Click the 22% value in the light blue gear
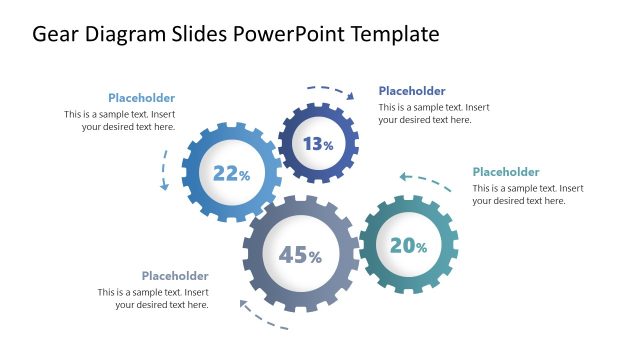point(231,174)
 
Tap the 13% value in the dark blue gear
point(318,144)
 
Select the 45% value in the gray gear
point(300,256)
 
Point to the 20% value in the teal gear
point(408,245)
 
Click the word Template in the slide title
point(392,34)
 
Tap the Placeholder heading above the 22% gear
point(141,98)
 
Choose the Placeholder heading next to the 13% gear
point(412,91)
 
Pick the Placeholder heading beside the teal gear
point(505,172)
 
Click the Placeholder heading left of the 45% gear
point(175,276)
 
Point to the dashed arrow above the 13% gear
point(330,90)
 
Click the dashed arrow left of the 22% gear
point(165,169)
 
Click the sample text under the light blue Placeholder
point(120,121)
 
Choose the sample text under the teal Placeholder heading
point(527,194)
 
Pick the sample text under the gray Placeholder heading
point(153,298)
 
